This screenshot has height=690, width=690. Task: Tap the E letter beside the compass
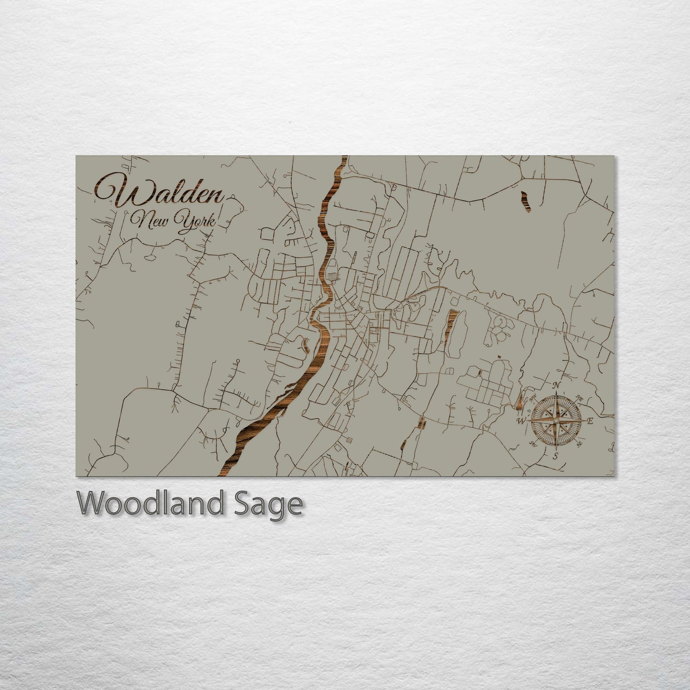point(590,421)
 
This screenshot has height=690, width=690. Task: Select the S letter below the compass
point(555,456)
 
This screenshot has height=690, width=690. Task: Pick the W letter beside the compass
point(522,421)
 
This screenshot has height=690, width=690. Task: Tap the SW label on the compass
point(532,444)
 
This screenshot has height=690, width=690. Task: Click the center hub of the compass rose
point(555,421)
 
